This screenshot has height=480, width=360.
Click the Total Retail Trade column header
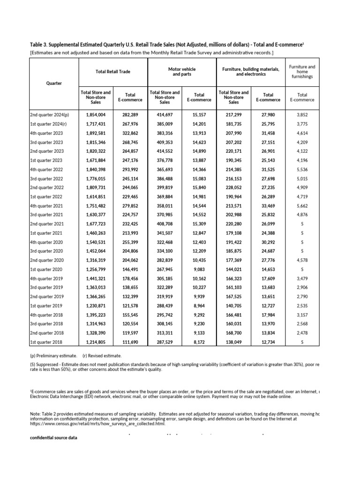112,72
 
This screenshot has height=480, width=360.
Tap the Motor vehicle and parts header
181,72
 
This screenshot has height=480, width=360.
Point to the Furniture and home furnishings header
302,72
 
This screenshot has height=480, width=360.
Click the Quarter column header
54,83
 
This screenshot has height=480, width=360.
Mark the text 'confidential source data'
53,437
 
